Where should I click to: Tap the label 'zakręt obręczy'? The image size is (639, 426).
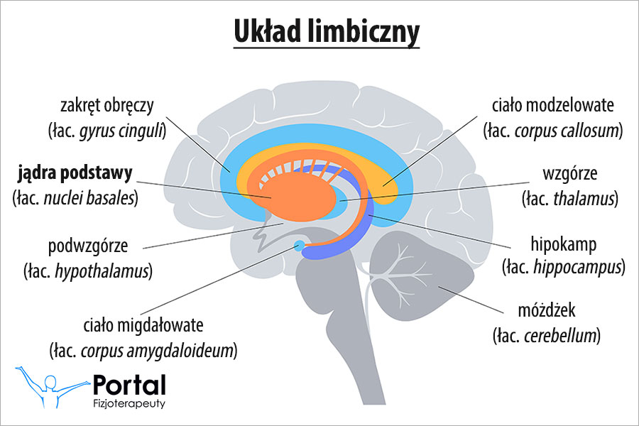(107, 106)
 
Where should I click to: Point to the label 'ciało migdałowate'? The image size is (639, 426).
(143, 326)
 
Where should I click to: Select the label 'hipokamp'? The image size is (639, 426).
(564, 244)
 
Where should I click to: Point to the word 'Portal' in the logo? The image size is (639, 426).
(129, 385)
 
